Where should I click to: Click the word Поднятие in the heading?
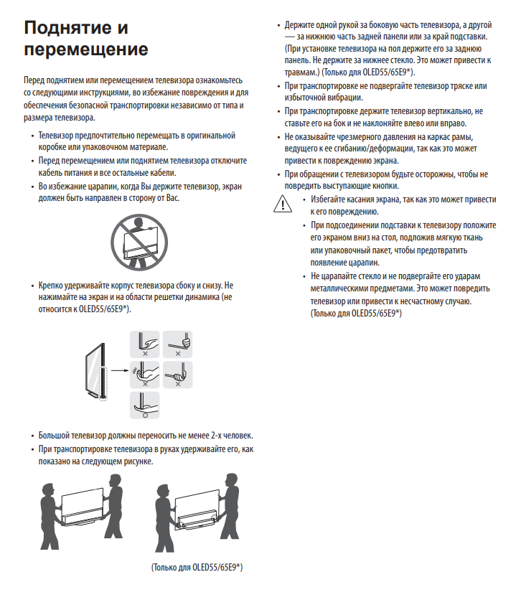[67, 29]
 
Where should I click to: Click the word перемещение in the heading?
[86, 50]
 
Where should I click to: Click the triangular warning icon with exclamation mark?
[283, 204]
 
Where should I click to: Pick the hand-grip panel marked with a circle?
[146, 405]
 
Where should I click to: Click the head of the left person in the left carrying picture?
[49, 479]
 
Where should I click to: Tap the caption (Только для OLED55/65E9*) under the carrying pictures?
[197, 567]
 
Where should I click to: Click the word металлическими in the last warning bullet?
[343, 289]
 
